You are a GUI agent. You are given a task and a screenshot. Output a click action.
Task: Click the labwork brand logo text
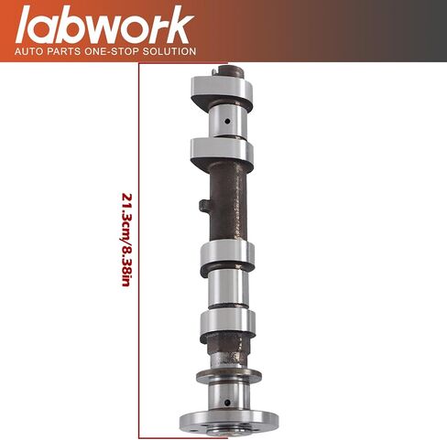pos(104,25)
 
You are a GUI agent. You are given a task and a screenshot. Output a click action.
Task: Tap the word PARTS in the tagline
pos(64,51)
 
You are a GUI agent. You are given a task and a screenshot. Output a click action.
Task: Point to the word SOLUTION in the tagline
pos(169,51)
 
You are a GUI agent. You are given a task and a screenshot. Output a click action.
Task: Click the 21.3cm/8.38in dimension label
pos(126,240)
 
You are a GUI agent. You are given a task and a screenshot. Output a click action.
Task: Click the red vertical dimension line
pos(139,251)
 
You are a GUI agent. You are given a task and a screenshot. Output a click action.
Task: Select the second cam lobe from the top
pos(222,154)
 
